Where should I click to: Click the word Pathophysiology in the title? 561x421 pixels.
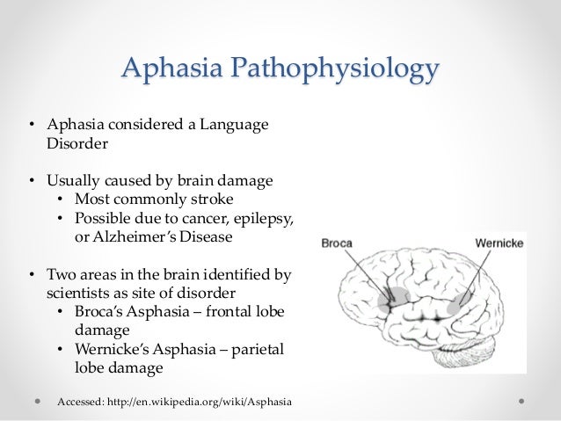[347, 68]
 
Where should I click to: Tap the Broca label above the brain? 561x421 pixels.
[338, 242]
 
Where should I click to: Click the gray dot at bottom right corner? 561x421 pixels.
[522, 402]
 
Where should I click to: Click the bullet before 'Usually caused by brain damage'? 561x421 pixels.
[28, 181]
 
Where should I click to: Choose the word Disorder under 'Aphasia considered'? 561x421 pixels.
[76, 145]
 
